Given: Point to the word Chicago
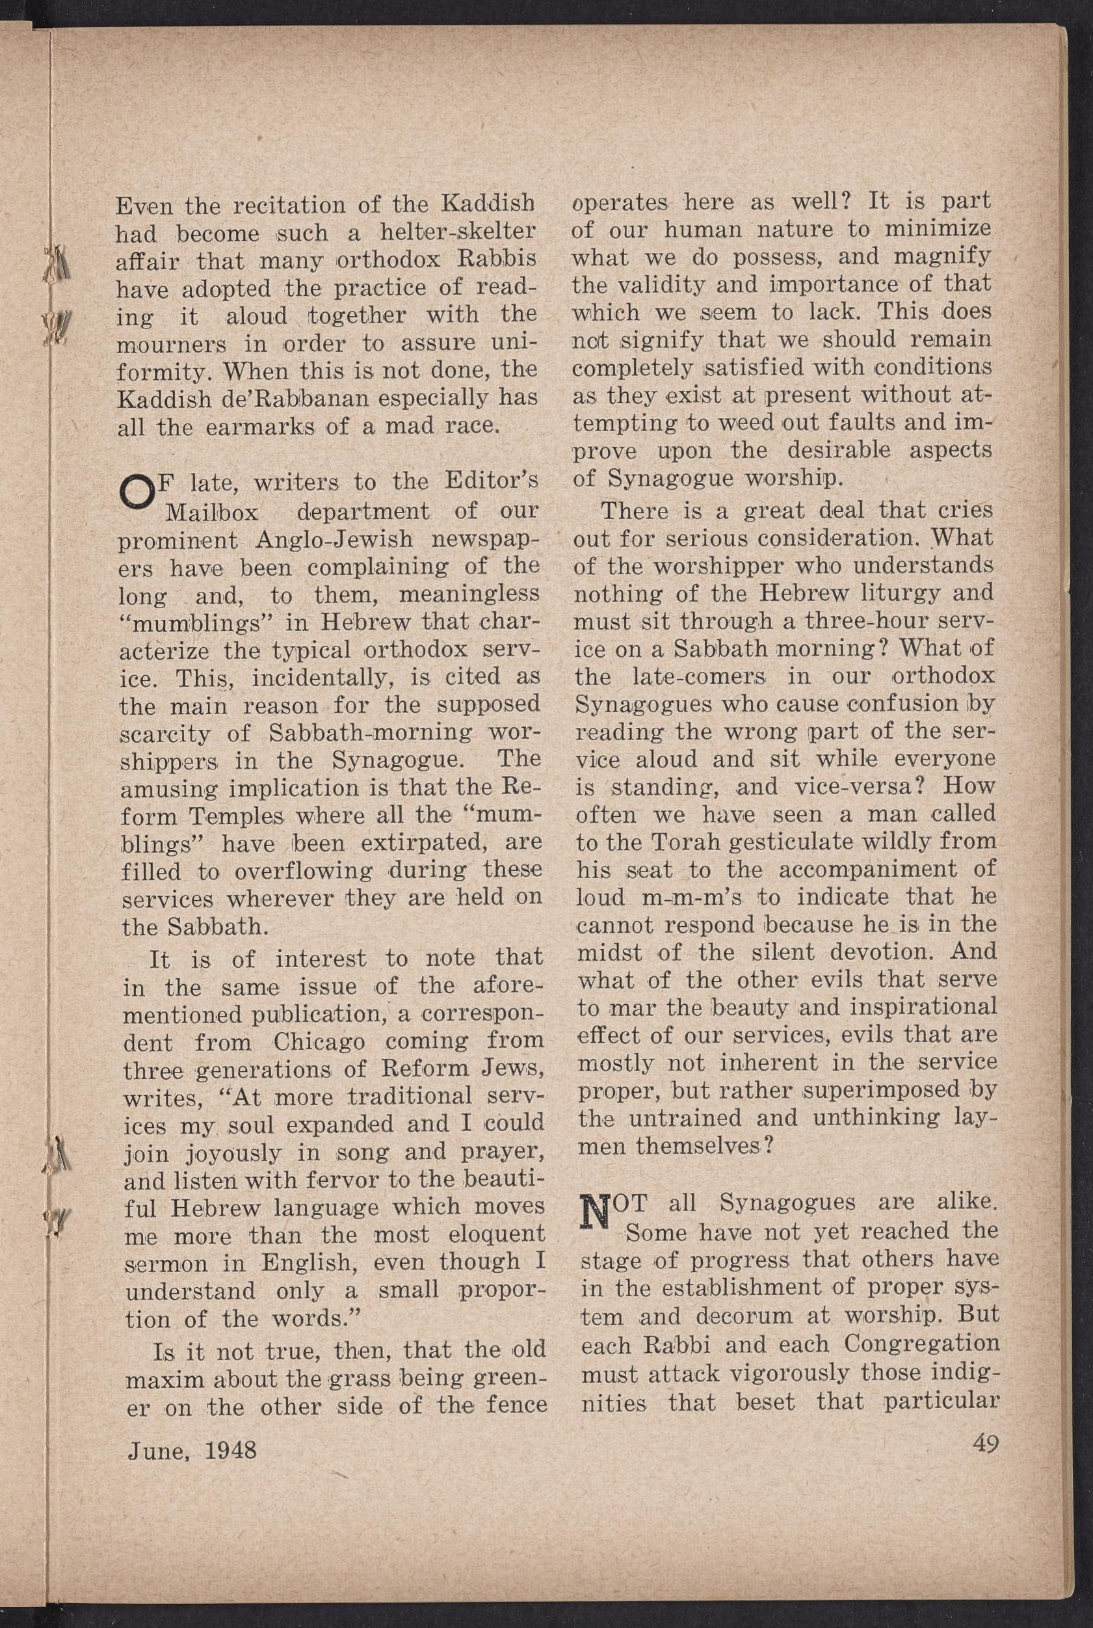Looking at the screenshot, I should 319,1043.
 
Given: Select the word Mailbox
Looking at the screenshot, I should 212,512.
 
